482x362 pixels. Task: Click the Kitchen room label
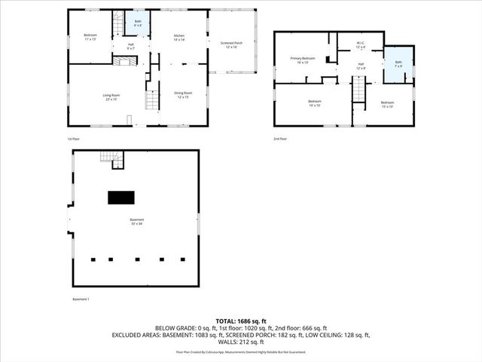point(179,38)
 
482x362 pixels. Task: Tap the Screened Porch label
point(231,44)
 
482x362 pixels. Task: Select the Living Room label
point(111,96)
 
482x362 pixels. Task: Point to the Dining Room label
point(183,95)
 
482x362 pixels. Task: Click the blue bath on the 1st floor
point(137,23)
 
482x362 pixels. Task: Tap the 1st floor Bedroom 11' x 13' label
point(90,38)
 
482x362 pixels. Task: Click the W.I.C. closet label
point(361,44)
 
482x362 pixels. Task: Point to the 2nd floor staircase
point(360,91)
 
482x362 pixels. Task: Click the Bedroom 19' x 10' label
point(314,103)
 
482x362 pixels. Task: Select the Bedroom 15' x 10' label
point(387,103)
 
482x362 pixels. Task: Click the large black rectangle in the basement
point(121,198)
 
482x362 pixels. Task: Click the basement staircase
point(111,158)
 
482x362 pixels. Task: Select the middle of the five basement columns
point(137,259)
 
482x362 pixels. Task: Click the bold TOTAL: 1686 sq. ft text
point(241,321)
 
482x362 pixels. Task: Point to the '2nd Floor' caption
point(282,140)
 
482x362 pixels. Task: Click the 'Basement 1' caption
point(81,299)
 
